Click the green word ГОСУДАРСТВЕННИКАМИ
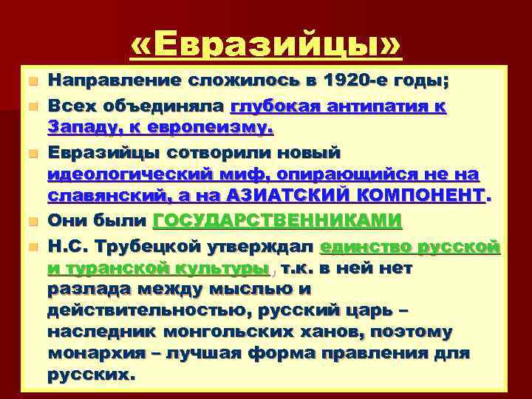point(277,220)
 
